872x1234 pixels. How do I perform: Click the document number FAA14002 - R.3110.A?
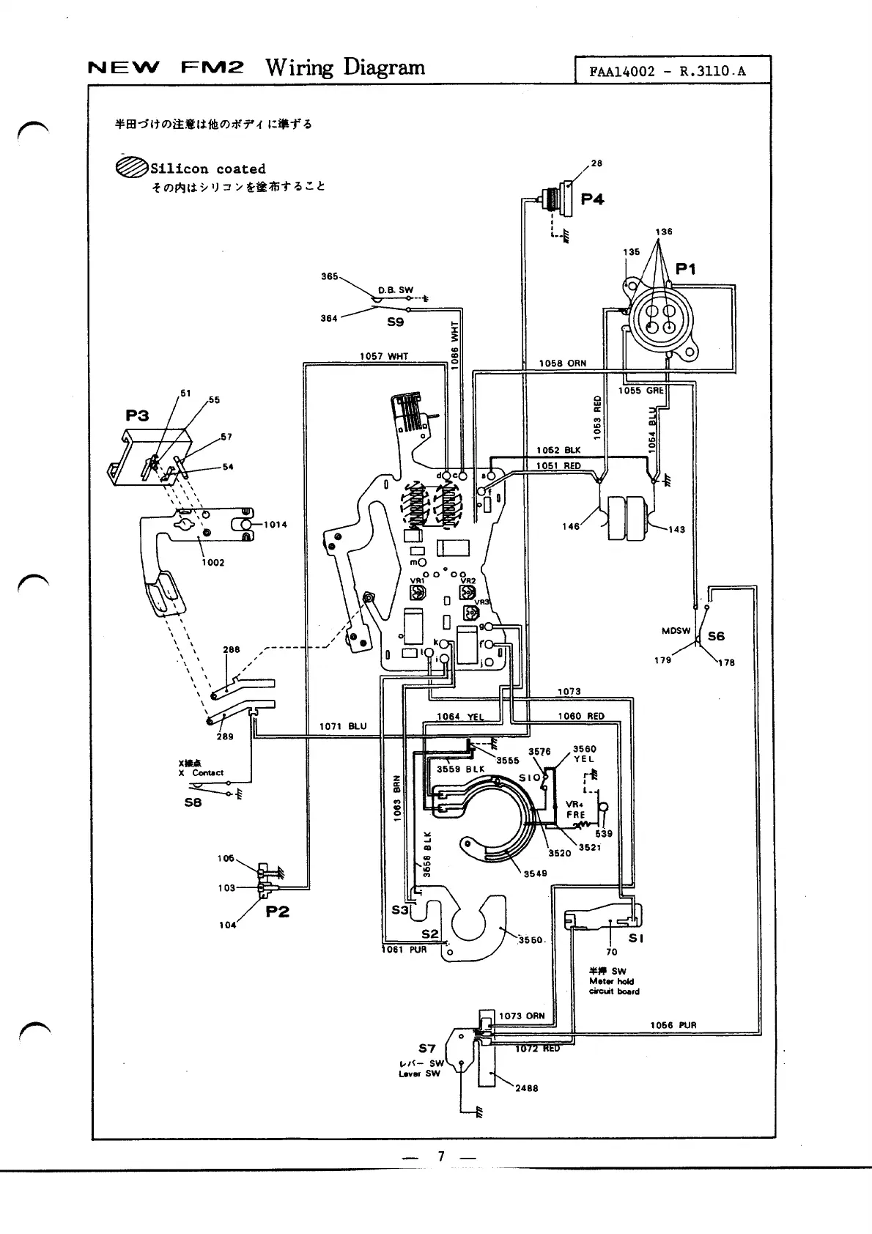pos(668,72)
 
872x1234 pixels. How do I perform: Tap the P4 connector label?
pos(592,199)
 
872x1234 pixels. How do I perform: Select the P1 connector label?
pos(685,269)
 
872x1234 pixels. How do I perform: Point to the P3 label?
pos(137,415)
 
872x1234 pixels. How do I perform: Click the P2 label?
pos(277,911)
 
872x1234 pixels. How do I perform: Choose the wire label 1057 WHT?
pos(383,356)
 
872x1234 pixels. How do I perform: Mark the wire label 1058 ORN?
pos(562,363)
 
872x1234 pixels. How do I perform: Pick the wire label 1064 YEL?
pos(460,717)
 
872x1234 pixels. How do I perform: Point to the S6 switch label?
pos(716,636)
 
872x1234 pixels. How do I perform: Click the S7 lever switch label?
pos(427,1048)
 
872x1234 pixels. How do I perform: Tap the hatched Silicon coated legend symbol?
pos(131,168)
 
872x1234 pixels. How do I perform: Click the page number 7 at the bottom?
pos(440,1156)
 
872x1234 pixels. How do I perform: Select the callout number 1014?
pos(275,525)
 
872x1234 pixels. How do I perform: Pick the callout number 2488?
pos(526,1088)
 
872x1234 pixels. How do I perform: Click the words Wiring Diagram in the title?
pos(344,67)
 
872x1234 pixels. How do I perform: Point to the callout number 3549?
pos(535,873)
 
